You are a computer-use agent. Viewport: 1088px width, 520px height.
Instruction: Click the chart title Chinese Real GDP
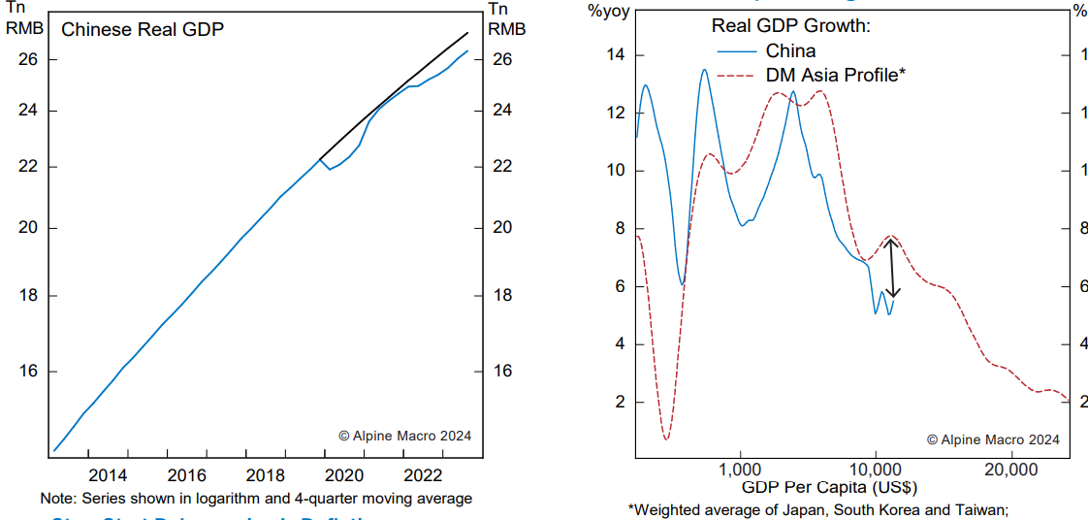(143, 30)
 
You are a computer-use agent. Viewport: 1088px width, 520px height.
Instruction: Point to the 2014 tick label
(108, 475)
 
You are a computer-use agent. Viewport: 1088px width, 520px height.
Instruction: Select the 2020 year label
(344, 475)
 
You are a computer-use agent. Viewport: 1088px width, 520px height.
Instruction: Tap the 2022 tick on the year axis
(423, 475)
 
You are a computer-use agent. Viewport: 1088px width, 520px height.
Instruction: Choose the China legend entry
(790, 50)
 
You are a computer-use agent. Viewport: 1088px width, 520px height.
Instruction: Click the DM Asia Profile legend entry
(835, 75)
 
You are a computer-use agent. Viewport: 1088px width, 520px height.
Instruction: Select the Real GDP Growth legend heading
(791, 26)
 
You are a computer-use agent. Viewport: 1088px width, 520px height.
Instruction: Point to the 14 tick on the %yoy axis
(616, 55)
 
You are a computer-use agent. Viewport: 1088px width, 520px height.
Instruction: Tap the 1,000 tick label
(741, 470)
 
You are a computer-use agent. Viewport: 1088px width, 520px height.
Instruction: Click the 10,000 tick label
(876, 470)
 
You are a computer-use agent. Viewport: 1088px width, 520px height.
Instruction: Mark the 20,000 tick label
(1010, 470)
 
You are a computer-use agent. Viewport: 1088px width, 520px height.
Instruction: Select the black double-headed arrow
(893, 267)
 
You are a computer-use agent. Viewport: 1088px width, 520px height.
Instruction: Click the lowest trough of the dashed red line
(666, 439)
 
